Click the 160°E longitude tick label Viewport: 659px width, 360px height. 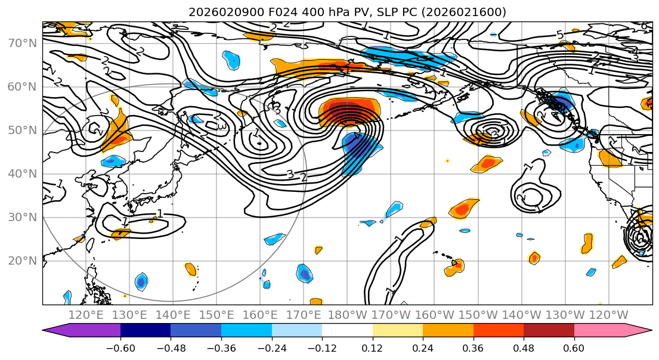pos(261,315)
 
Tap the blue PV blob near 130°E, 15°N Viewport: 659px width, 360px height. pos(141,281)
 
